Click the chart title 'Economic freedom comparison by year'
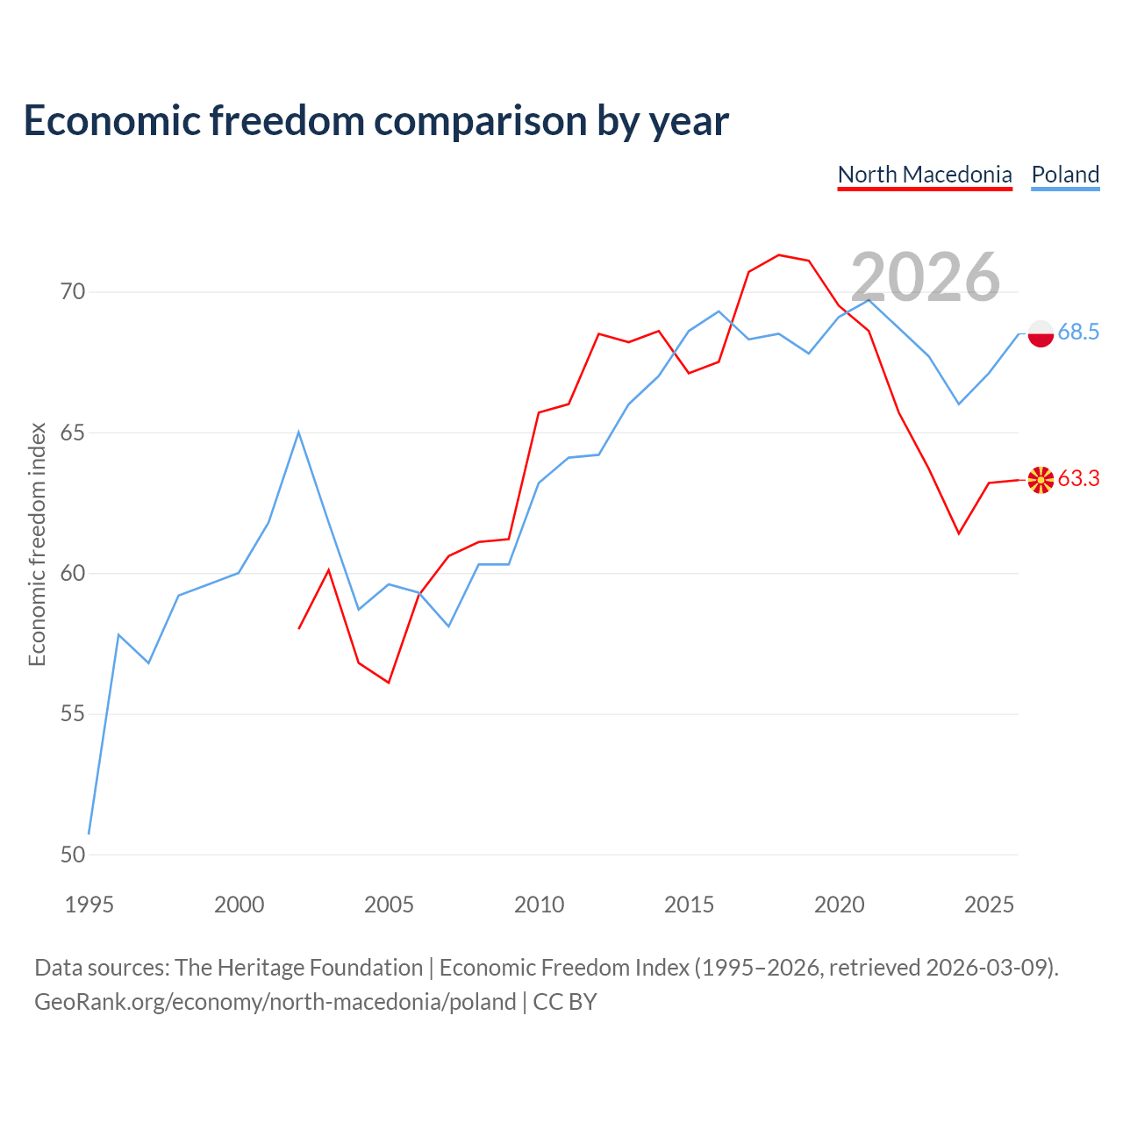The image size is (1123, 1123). point(376,121)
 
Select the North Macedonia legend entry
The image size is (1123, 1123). point(924,175)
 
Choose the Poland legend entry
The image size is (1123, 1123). point(1065,175)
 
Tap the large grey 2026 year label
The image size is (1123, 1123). point(925,277)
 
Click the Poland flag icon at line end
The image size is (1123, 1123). point(1041,334)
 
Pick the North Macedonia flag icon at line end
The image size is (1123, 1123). point(1041,480)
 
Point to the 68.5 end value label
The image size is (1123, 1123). point(1078,333)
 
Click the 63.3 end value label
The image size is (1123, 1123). point(1078,478)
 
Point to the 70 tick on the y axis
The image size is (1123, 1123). point(73,291)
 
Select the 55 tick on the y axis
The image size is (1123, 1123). point(73,713)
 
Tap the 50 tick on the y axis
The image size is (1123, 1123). point(73,855)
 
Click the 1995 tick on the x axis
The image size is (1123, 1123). point(89,905)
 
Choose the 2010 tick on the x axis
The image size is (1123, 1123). point(539,905)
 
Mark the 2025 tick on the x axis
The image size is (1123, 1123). point(989,905)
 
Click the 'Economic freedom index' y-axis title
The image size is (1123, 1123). point(38,544)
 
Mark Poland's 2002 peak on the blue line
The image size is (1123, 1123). point(298,433)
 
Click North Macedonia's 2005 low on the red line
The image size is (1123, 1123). point(388,683)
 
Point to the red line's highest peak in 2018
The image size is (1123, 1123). point(778,255)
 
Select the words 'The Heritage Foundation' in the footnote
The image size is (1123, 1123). point(299,968)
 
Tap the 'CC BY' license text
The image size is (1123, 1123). point(565,1002)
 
